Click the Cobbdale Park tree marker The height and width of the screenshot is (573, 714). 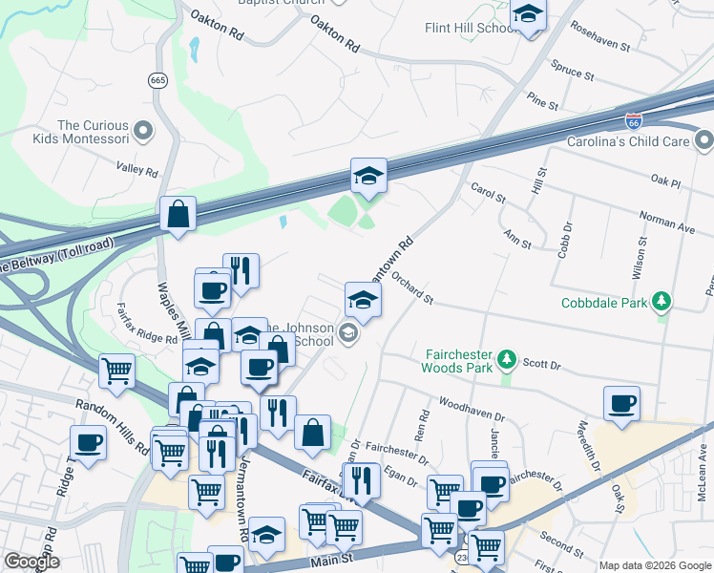(x=661, y=304)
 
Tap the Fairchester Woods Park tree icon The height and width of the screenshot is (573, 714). (x=508, y=359)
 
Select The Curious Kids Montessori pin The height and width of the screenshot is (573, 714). (x=143, y=130)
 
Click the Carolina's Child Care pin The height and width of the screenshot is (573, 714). (x=704, y=141)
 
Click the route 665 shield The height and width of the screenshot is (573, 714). (x=157, y=81)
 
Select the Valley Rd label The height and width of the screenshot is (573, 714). (x=136, y=170)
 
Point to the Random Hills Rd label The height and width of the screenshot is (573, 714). (x=114, y=421)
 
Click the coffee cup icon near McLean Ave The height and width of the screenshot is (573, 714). (x=621, y=403)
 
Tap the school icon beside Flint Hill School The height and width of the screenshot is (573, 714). (x=528, y=16)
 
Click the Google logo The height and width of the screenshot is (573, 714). (x=32, y=562)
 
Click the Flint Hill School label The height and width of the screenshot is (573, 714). (x=470, y=28)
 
